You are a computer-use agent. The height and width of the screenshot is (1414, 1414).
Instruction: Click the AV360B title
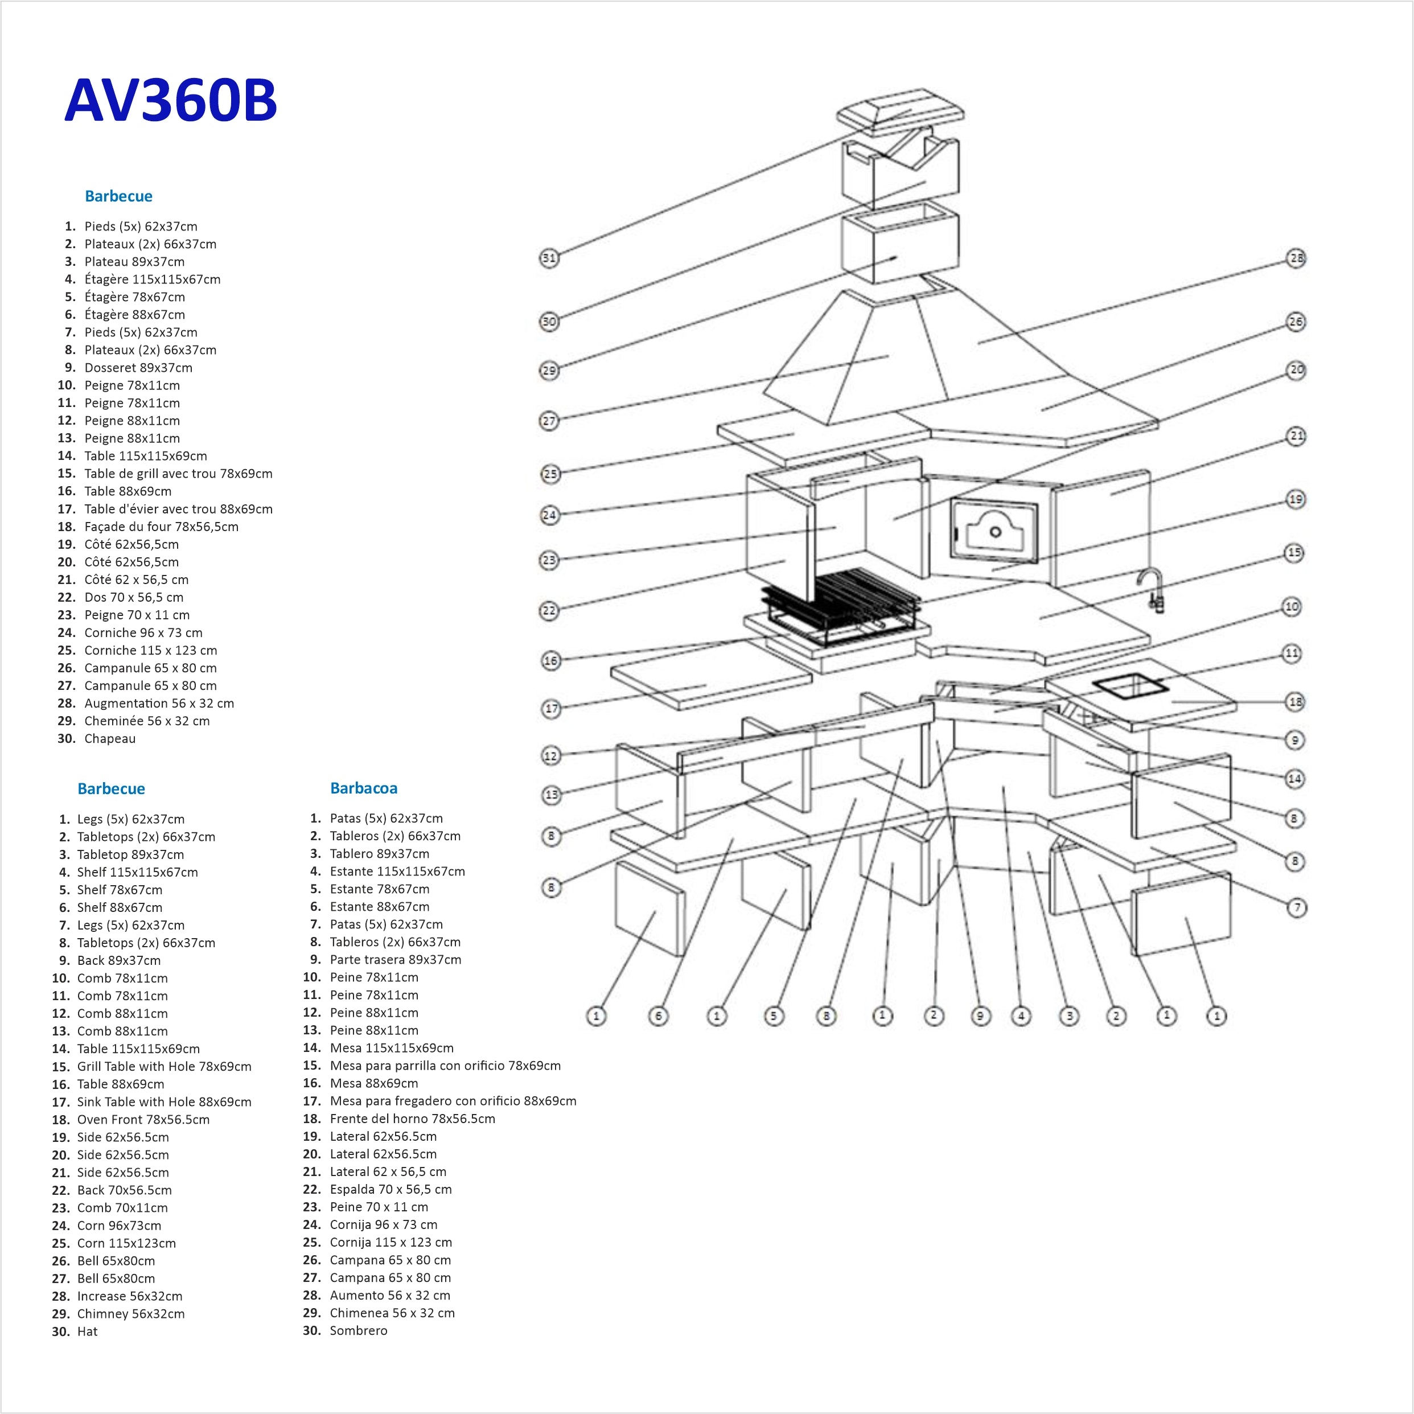click(x=171, y=100)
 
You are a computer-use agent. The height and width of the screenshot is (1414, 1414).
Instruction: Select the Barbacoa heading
click(x=363, y=788)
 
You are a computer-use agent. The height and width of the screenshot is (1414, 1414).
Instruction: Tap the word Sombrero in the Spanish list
click(x=358, y=1330)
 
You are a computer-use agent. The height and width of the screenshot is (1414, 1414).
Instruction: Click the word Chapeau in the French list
click(x=110, y=738)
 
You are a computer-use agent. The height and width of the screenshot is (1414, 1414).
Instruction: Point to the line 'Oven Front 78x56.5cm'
click(x=143, y=1119)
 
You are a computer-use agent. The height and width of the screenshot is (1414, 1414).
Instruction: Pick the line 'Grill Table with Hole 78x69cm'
click(x=164, y=1066)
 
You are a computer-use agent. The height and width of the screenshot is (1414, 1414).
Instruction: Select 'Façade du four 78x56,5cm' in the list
click(x=161, y=526)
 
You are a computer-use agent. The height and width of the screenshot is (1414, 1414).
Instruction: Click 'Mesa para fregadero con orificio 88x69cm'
click(x=453, y=1101)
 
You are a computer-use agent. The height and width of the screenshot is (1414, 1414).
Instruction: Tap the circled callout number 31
click(x=549, y=258)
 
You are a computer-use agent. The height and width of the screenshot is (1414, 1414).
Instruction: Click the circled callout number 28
click(x=1296, y=258)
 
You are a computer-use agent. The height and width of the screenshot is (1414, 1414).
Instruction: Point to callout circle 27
click(x=549, y=421)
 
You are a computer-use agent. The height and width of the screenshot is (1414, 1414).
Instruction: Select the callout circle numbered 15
click(x=1294, y=553)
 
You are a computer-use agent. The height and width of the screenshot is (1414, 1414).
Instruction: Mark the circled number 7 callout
click(x=1297, y=907)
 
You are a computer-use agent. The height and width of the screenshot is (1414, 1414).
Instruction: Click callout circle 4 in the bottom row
click(x=1021, y=1016)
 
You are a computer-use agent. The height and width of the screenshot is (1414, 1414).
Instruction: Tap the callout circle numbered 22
click(x=549, y=610)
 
